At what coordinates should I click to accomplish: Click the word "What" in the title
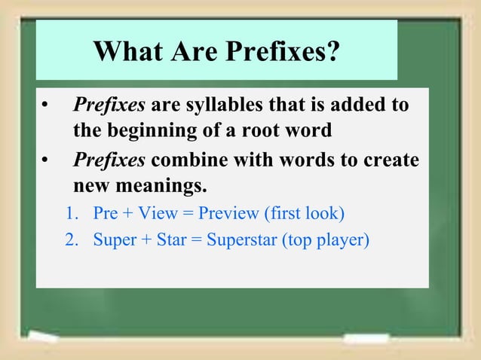tap(123, 53)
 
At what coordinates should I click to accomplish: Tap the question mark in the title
tap(332, 53)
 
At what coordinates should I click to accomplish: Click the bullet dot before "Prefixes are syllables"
tap(46, 105)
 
